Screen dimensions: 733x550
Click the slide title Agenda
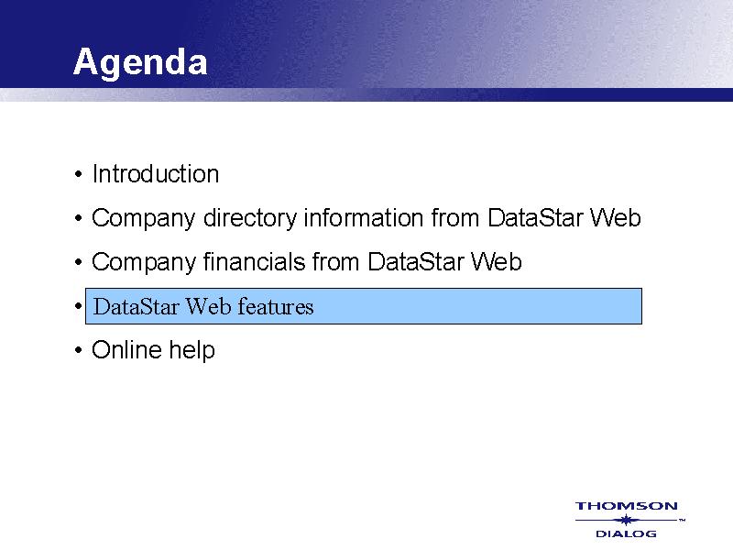(140, 62)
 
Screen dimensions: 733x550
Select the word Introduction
(156, 174)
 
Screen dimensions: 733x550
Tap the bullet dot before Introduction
(78, 175)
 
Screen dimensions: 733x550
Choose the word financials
(255, 261)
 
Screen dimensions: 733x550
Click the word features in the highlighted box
(276, 307)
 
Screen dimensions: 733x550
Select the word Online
(126, 350)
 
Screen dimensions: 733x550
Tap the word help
(192, 351)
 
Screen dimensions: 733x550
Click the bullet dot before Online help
(78, 350)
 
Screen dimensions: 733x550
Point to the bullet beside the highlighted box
(78, 306)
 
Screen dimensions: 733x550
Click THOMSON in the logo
(627, 506)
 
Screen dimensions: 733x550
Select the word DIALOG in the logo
(627, 533)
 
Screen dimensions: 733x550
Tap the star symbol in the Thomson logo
(627, 520)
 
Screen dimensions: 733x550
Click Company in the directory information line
(144, 219)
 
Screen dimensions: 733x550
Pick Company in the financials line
(144, 263)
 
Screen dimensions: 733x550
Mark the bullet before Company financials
(78, 262)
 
